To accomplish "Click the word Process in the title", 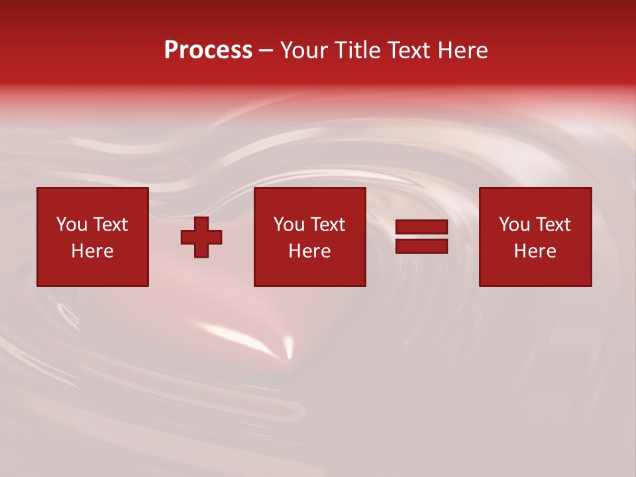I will pyautogui.click(x=208, y=50).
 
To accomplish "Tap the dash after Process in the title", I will pyautogui.click(x=266, y=50).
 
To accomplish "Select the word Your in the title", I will pyautogui.click(x=305, y=50).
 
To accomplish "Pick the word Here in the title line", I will pyautogui.click(x=464, y=50).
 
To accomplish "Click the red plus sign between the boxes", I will pyautogui.click(x=201, y=237).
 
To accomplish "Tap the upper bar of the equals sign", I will pyautogui.click(x=421, y=227).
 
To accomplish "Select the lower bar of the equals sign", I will pyautogui.click(x=421, y=246).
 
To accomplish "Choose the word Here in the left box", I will pyautogui.click(x=92, y=251).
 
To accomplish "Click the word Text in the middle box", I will pyautogui.click(x=327, y=225).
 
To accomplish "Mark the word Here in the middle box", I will pyautogui.click(x=309, y=251).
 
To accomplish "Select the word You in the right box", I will pyautogui.click(x=514, y=225).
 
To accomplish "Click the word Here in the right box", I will pyautogui.click(x=535, y=251).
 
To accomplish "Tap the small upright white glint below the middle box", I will pyautogui.click(x=288, y=346).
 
